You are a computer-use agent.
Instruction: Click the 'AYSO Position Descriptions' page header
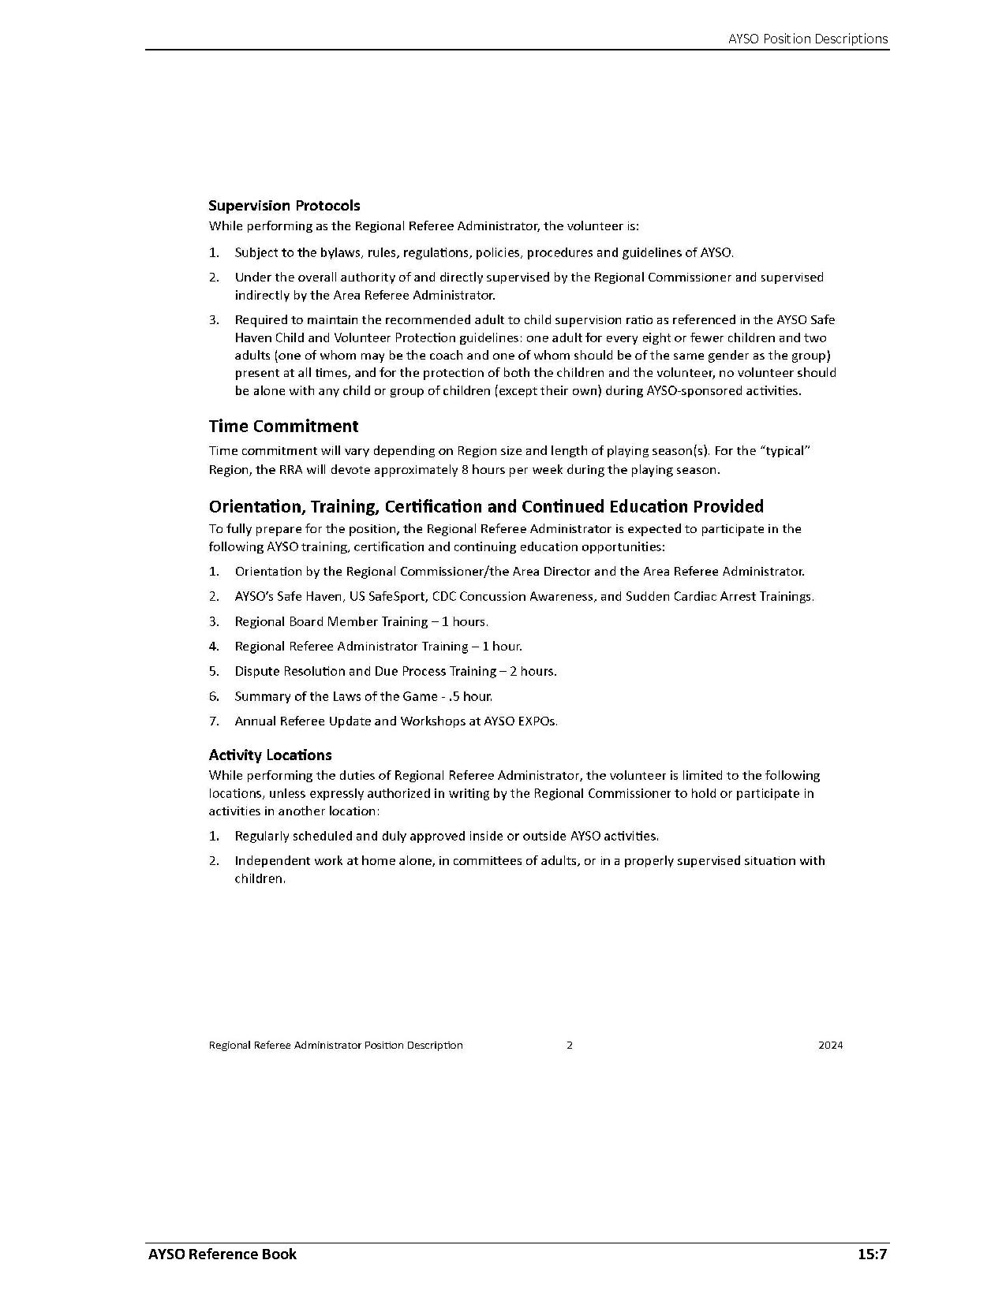(808, 39)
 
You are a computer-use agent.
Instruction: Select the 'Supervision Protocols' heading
(284, 206)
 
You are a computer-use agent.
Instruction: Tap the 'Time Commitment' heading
(283, 427)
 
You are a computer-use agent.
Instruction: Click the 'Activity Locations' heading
(270, 755)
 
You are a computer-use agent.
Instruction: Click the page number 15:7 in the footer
(873, 1254)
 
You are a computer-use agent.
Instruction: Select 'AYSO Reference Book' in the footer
(223, 1254)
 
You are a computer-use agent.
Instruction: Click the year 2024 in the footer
(830, 1046)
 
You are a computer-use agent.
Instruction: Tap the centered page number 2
(570, 1046)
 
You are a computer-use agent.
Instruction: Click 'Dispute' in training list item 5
(256, 672)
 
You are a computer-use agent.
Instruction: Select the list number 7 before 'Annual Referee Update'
(214, 721)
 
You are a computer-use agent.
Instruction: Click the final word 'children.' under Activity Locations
(260, 879)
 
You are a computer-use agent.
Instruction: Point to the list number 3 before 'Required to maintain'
(214, 320)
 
